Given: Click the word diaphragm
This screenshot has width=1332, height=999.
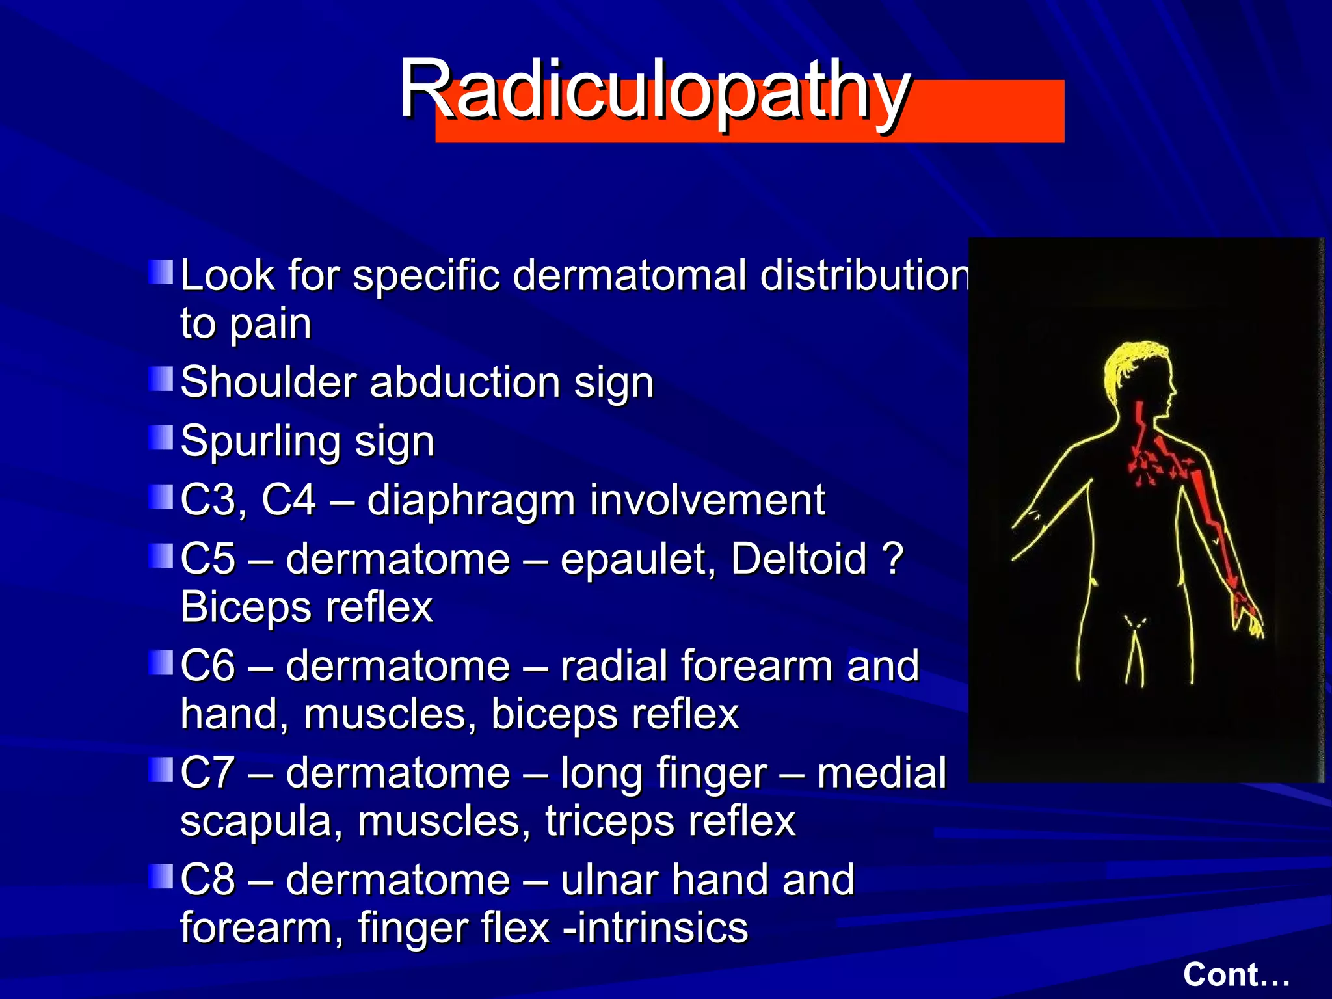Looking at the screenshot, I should point(472,501).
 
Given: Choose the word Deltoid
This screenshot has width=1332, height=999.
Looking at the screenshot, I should point(799,559).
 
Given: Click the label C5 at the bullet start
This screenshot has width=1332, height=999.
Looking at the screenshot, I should point(207,559).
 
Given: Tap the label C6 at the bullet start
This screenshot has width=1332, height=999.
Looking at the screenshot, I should point(207,666).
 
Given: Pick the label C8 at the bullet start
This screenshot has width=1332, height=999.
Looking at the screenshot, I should point(207,879).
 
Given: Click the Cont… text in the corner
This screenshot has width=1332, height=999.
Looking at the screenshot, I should point(1236,974).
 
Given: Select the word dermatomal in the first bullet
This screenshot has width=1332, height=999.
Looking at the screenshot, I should point(629,276).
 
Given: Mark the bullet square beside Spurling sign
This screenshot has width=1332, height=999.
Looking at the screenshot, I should point(161,438).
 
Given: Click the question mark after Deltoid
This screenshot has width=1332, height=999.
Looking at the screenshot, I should point(894,559).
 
